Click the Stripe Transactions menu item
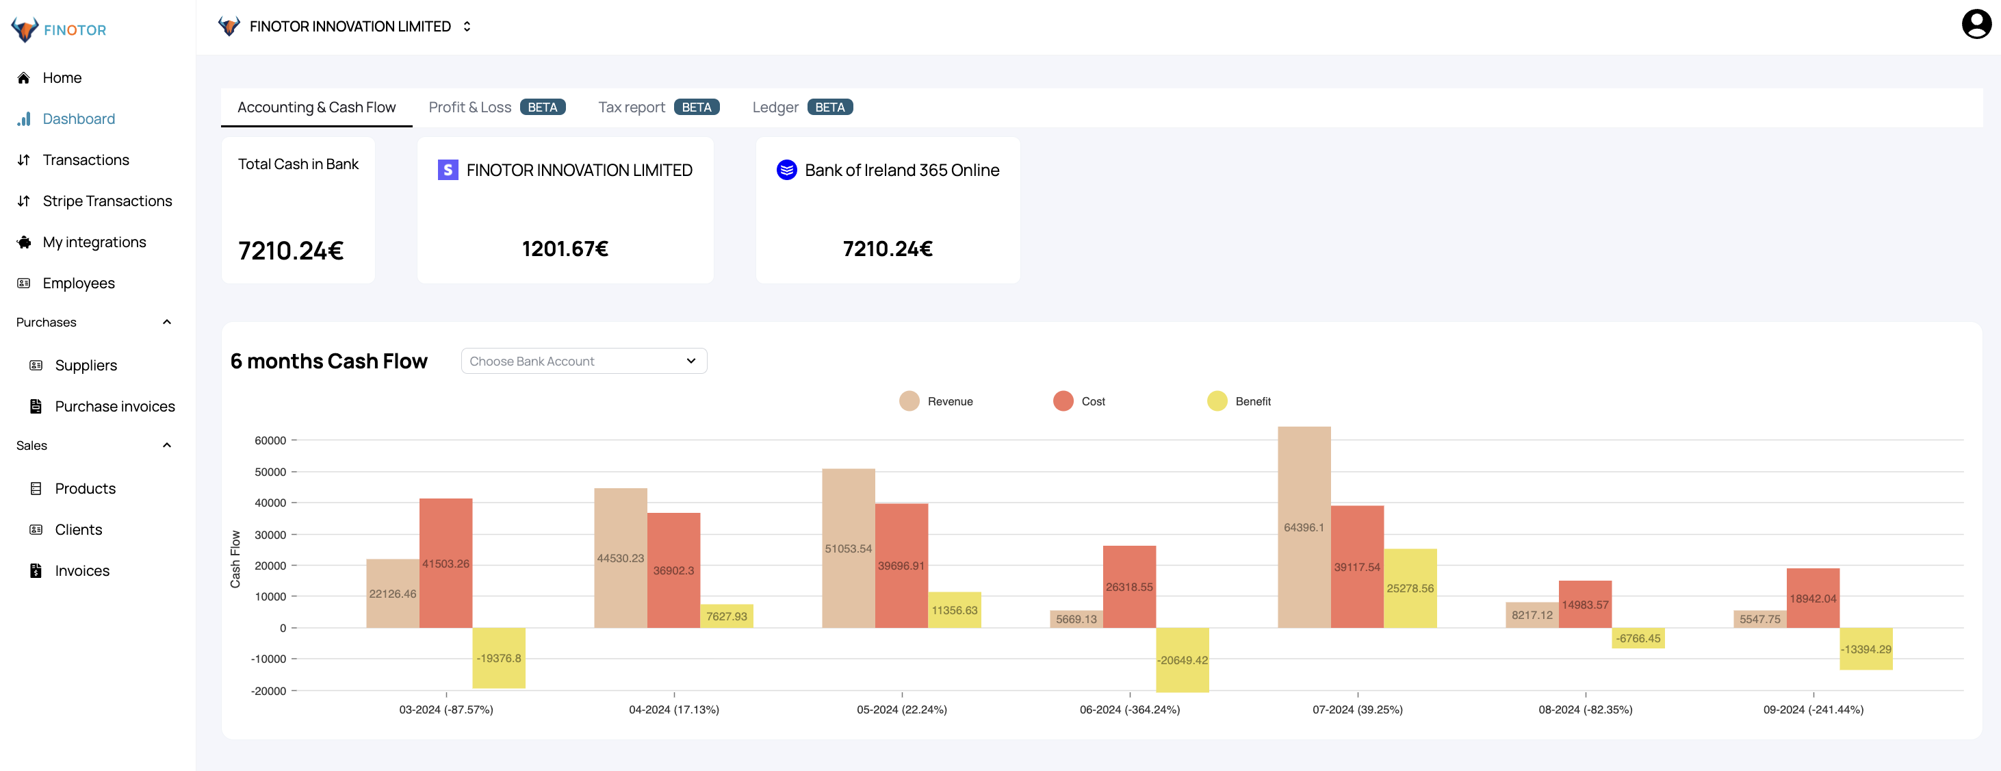point(107,201)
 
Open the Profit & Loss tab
point(469,108)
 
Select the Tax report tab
point(631,108)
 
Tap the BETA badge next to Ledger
point(829,108)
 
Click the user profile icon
point(1976,24)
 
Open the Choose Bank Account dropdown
point(583,362)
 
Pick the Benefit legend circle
point(1217,401)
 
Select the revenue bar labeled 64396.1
point(1304,527)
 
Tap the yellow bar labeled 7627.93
point(725,616)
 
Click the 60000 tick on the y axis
point(270,441)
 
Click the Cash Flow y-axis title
point(235,559)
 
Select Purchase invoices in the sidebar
point(114,407)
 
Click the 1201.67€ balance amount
point(565,249)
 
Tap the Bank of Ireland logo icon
point(786,170)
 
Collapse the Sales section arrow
point(166,445)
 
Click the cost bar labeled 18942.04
point(1812,598)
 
